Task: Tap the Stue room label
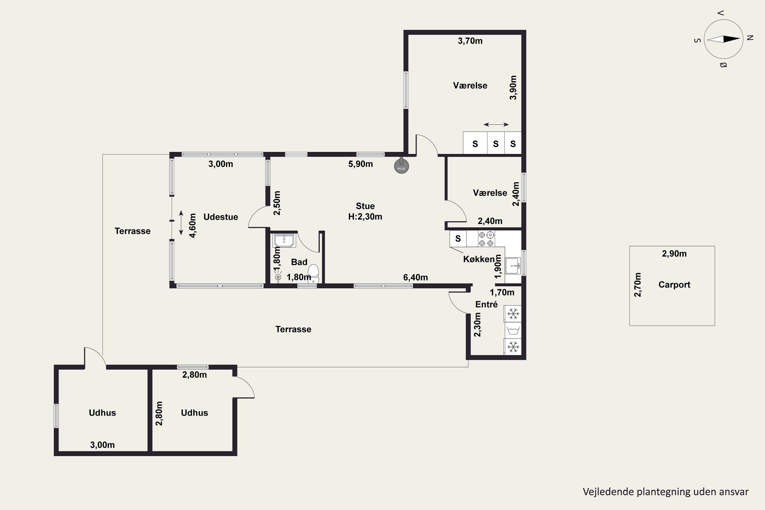(365, 206)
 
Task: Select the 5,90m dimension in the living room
(360, 164)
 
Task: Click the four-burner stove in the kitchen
(486, 239)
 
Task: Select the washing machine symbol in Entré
(513, 330)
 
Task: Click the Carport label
(674, 285)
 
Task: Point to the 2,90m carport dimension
(674, 254)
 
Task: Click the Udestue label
(221, 217)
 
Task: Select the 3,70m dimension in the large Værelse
(470, 41)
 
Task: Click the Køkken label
(479, 259)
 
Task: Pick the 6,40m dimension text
(415, 277)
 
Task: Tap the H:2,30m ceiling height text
(365, 216)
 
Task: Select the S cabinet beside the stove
(458, 239)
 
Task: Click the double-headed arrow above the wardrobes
(496, 125)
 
